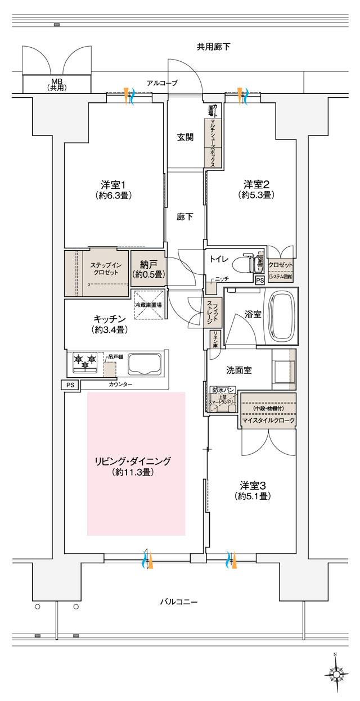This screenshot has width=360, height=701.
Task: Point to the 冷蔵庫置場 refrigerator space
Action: [148, 304]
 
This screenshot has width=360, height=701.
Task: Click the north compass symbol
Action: [336, 673]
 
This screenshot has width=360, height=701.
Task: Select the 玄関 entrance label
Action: [186, 137]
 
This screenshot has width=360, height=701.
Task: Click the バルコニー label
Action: [179, 602]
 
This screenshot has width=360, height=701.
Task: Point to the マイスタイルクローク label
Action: [268, 420]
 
